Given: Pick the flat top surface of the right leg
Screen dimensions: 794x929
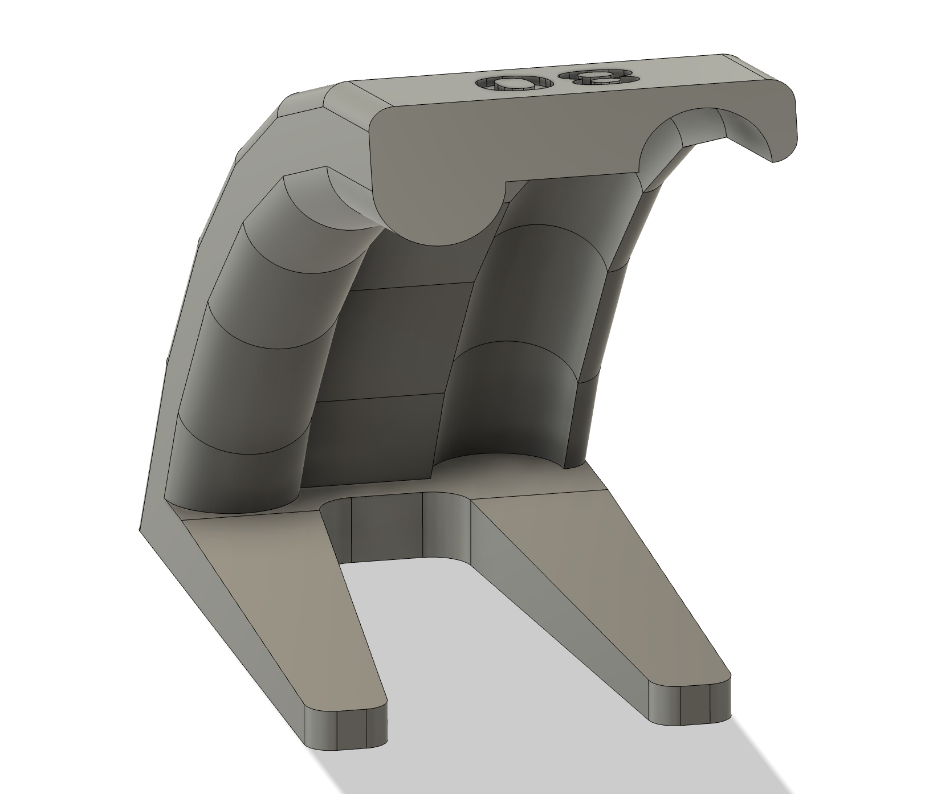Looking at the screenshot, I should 593,564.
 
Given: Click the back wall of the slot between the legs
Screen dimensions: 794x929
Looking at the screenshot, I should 388,527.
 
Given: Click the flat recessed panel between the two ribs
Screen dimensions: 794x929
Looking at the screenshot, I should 388,342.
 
